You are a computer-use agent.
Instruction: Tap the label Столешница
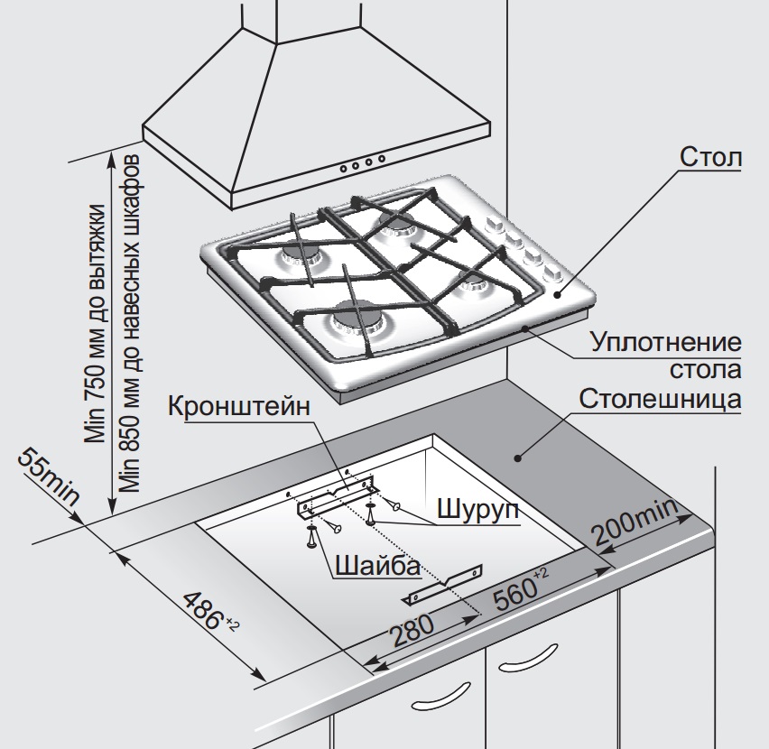coord(659,399)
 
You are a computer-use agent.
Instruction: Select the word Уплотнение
coord(666,343)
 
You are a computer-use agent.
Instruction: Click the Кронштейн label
coord(240,405)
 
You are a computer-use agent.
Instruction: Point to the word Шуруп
coord(477,509)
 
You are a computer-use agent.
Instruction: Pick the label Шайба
coord(376,566)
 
